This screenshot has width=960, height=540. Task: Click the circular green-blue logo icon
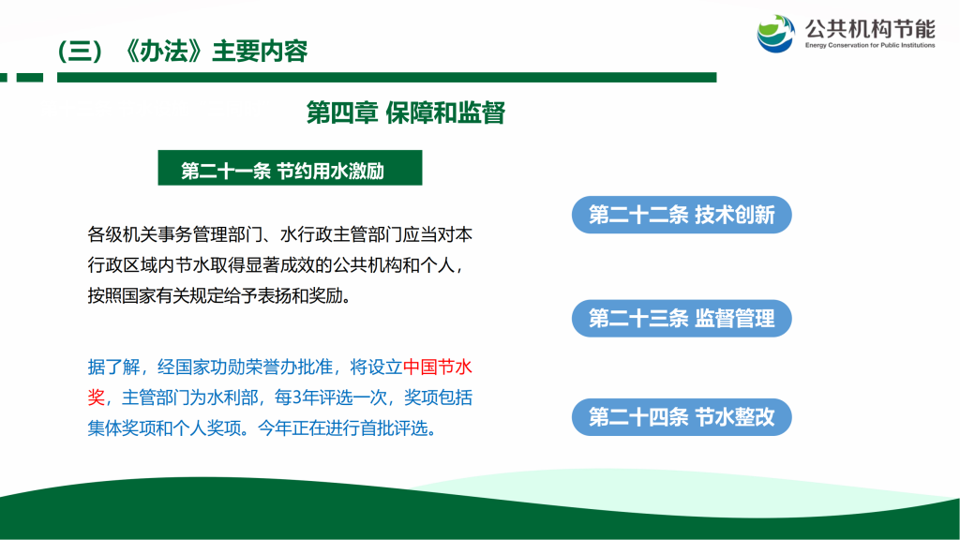[775, 34]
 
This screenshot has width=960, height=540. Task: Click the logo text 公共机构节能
[870, 29]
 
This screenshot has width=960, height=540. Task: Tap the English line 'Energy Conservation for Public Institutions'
[870, 45]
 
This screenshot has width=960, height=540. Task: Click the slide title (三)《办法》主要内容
[183, 52]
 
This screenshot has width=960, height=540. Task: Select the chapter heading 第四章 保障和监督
[405, 112]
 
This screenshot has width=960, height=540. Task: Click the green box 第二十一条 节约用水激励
[290, 168]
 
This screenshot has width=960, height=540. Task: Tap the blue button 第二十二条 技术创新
[682, 215]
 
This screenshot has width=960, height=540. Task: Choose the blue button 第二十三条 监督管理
[682, 319]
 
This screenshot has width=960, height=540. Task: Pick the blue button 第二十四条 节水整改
[682, 417]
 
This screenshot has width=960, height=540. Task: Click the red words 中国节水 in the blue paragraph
[437, 367]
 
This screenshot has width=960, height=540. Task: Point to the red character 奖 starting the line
[97, 397]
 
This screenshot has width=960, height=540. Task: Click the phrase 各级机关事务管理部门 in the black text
[174, 234]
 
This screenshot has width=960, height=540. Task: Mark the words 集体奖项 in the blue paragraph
[122, 428]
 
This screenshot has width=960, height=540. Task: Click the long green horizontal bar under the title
[387, 78]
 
